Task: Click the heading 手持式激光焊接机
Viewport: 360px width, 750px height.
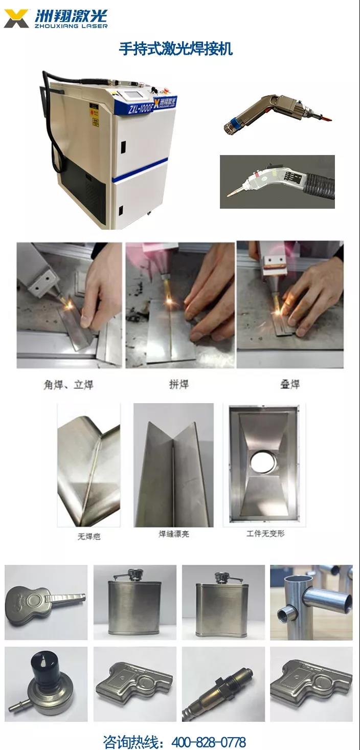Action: coord(175,49)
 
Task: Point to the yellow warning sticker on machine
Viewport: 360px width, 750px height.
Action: coord(95,122)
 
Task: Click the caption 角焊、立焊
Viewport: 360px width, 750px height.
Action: coord(69,384)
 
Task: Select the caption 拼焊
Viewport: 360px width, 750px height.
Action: coord(178,384)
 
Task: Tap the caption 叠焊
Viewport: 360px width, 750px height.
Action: coord(289,384)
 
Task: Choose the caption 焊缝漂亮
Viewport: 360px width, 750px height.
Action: coord(173,534)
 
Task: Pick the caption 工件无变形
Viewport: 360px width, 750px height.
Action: coord(265,534)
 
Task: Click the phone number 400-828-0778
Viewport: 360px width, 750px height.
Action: coord(209,742)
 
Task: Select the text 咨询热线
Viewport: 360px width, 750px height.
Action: coord(130,742)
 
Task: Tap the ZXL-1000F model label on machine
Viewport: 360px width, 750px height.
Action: coord(131,109)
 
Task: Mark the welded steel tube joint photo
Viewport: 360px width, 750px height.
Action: coord(311,602)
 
